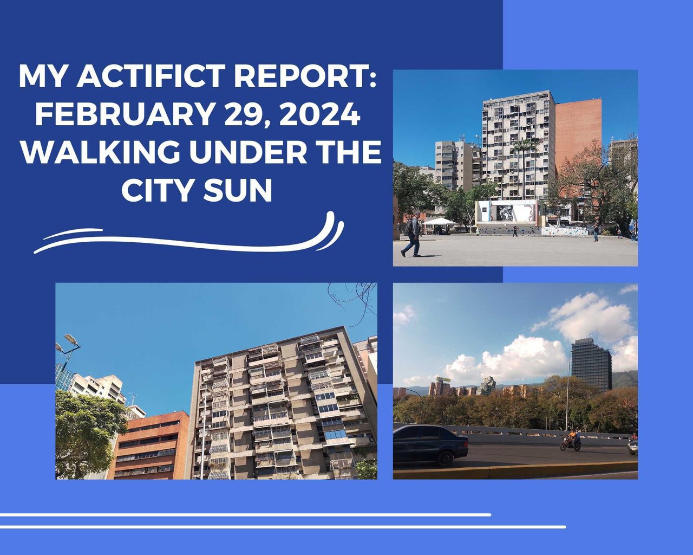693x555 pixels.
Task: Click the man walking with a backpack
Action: [413, 234]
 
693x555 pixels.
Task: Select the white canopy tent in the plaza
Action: [440, 222]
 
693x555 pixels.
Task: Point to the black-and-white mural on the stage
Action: [505, 212]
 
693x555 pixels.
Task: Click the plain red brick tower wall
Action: [578, 135]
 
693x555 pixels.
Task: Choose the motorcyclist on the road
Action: [571, 440]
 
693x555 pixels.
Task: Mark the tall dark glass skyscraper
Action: [591, 366]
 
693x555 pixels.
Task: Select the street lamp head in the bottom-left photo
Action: [71, 340]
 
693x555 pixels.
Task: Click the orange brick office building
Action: [149, 446]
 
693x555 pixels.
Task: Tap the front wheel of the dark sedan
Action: [446, 458]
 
